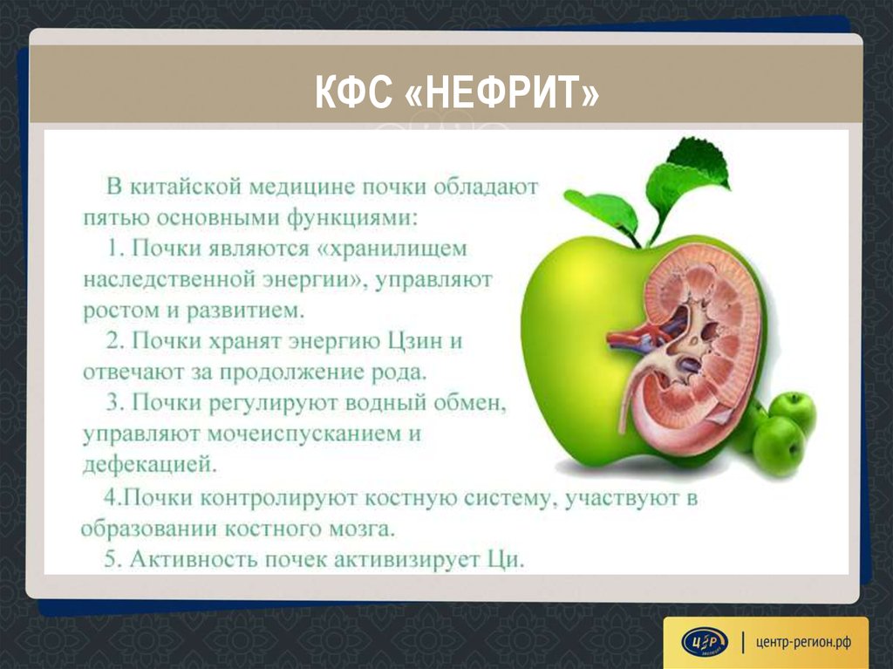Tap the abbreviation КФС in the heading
click(x=354, y=92)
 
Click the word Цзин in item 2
click(x=415, y=341)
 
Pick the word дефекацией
click(x=150, y=464)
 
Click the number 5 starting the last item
click(x=111, y=560)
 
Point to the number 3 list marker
click(x=113, y=403)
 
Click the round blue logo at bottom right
click(x=705, y=642)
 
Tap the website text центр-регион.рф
click(x=803, y=642)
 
